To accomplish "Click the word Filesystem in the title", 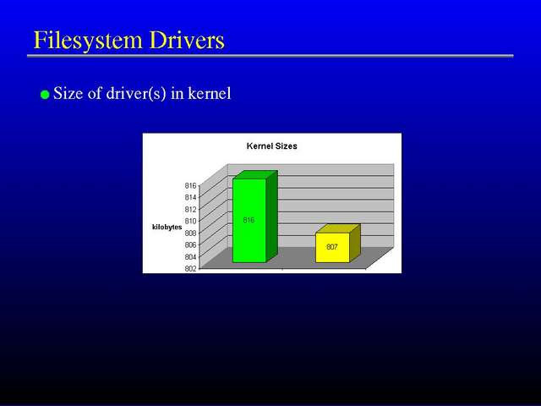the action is [x=88, y=41].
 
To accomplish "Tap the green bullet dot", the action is [x=45, y=95].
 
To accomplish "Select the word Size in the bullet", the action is [x=68, y=93].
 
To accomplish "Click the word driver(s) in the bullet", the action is [x=136, y=94].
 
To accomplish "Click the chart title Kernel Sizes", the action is [x=272, y=146].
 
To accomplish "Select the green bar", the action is [x=255, y=217].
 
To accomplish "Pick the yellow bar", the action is [x=338, y=244].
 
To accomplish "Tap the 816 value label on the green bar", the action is [x=249, y=220].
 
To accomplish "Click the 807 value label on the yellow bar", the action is [x=332, y=247].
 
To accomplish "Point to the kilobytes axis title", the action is [x=167, y=227].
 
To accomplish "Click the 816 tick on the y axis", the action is [x=190, y=186].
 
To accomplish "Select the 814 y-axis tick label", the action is [x=190, y=197].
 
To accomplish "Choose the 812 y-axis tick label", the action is [x=190, y=209].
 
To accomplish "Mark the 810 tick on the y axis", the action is [x=190, y=221].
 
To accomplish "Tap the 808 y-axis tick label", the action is [x=190, y=233].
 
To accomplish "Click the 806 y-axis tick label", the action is [x=190, y=244].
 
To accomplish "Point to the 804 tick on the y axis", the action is [x=190, y=256].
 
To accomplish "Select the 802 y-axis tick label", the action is [x=190, y=268].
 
